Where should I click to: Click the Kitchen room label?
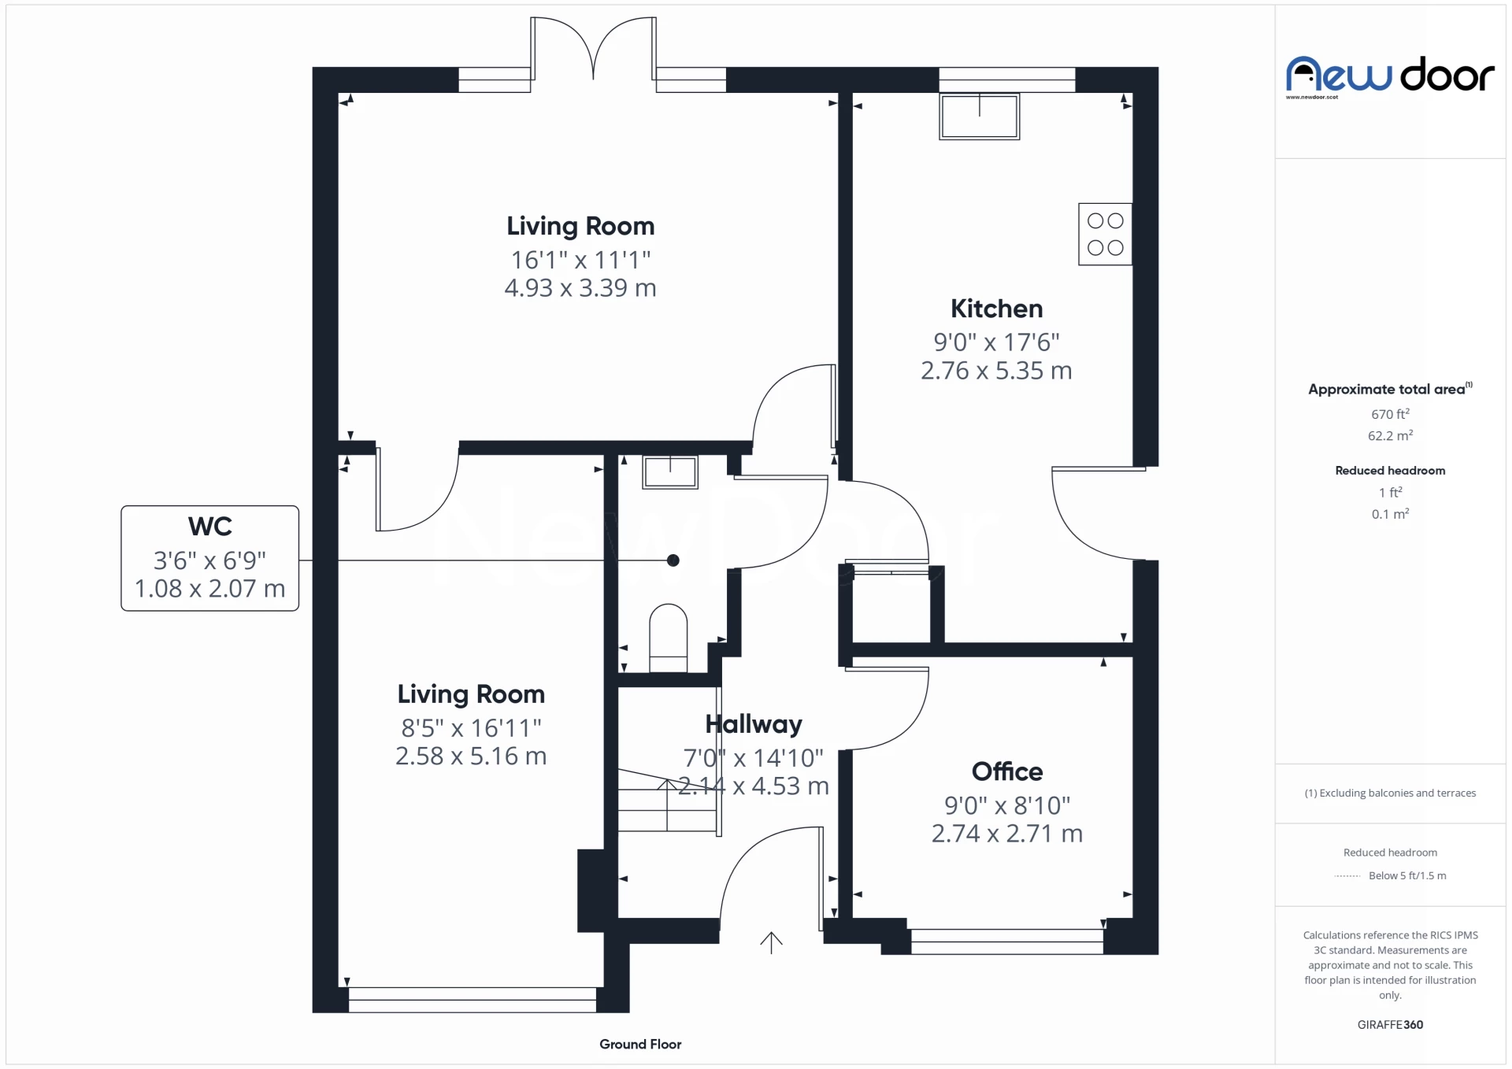click(x=996, y=309)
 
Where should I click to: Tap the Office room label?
click(x=1006, y=771)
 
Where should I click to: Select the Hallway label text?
click(x=754, y=723)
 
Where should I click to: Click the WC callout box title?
click(x=209, y=526)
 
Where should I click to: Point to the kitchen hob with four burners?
click(x=1105, y=235)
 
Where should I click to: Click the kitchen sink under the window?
click(x=979, y=117)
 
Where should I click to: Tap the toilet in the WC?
click(x=668, y=638)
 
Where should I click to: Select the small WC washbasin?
click(x=669, y=472)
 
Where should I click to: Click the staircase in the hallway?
click(x=667, y=801)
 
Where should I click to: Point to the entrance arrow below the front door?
click(x=771, y=942)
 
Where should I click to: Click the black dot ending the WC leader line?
click(x=673, y=560)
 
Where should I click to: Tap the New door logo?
click(x=1390, y=76)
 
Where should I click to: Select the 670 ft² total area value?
click(x=1390, y=414)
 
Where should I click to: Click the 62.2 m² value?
click(x=1390, y=435)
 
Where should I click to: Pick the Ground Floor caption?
click(x=640, y=1044)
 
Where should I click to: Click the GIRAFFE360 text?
click(x=1390, y=1024)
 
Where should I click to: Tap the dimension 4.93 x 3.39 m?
click(x=580, y=288)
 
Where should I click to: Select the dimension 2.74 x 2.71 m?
click(x=1006, y=834)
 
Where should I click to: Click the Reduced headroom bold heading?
click(x=1390, y=470)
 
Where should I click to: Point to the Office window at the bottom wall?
click(x=1006, y=941)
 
